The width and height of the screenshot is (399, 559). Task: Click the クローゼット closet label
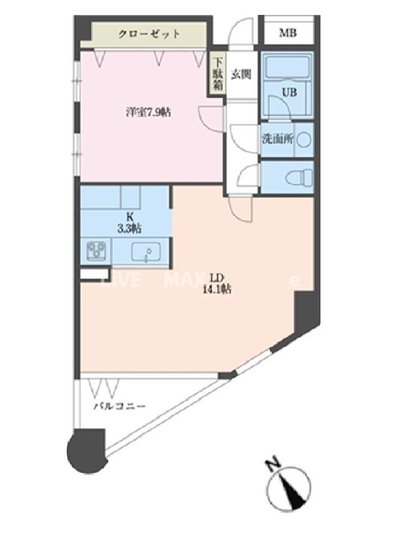pyautogui.click(x=150, y=34)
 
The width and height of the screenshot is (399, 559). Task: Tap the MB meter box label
pyautogui.click(x=287, y=33)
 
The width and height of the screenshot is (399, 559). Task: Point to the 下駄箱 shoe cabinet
pyautogui.click(x=217, y=74)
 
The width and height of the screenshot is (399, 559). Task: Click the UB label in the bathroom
pyautogui.click(x=290, y=92)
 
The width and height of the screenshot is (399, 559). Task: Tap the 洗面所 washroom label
pyautogui.click(x=277, y=140)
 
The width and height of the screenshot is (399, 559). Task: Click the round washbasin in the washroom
pyautogui.click(x=304, y=140)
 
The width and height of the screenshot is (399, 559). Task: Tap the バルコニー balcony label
pyautogui.click(x=119, y=406)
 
